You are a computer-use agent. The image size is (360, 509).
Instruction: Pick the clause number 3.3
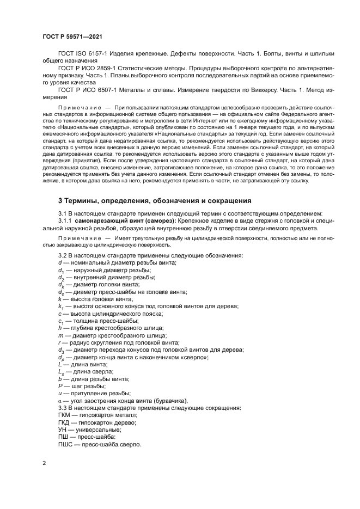coord(63,408)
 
